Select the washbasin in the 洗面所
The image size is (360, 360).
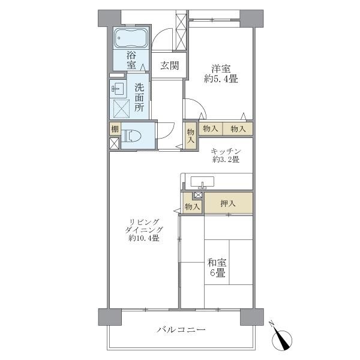[118, 88]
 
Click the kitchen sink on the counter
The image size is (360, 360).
[202, 182]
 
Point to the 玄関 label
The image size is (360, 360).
[169, 65]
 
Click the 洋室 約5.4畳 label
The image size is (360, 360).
[221, 74]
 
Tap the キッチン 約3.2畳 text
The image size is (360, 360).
[226, 155]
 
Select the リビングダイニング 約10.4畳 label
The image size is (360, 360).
[144, 230]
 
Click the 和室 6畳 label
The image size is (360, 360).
[217, 268]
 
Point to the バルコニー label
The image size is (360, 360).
[181, 330]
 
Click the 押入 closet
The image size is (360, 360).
[229, 203]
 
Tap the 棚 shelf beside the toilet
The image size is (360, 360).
[115, 129]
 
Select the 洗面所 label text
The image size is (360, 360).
[139, 97]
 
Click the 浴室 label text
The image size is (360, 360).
[131, 61]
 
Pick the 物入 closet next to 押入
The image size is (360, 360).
[192, 204]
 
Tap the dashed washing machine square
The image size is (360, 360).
[121, 109]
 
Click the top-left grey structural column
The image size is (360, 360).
[110, 18]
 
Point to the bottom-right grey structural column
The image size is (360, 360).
[252, 317]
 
